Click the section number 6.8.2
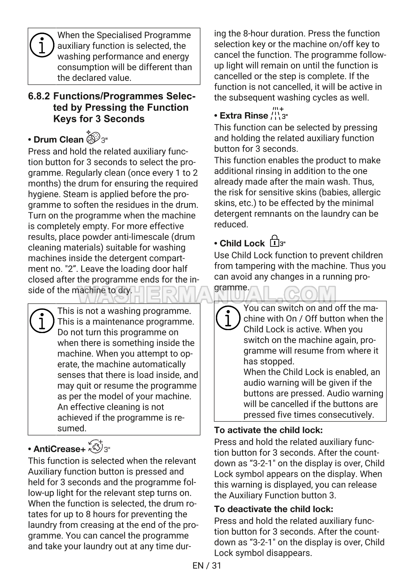[39, 96]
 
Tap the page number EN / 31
[207, 566]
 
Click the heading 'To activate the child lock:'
[268, 430]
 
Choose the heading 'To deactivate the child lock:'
[274, 509]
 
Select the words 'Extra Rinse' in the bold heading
[244, 116]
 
